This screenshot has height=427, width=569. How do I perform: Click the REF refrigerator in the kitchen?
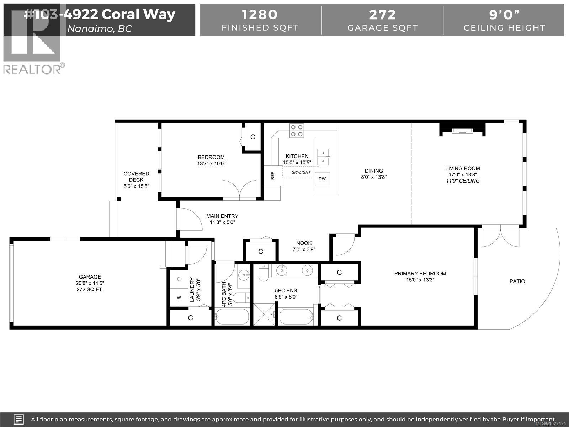tap(273, 175)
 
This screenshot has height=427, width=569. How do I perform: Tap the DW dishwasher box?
tap(322, 179)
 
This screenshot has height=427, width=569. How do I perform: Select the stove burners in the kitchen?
tap(296, 130)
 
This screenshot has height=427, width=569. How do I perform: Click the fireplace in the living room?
tap(462, 131)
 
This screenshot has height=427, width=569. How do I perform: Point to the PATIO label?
tap(517, 281)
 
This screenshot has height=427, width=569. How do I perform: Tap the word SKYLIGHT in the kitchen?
tap(301, 172)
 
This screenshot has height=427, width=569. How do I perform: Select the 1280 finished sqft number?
tap(260, 15)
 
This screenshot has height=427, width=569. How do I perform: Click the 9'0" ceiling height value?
tap(504, 15)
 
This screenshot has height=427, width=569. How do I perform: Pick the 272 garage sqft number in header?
tap(382, 15)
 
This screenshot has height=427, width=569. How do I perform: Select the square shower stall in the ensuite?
tap(264, 314)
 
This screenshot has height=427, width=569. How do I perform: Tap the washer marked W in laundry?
tap(179, 297)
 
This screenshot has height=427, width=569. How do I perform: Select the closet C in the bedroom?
tap(252, 137)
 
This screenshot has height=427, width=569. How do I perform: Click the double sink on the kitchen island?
tap(323, 157)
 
